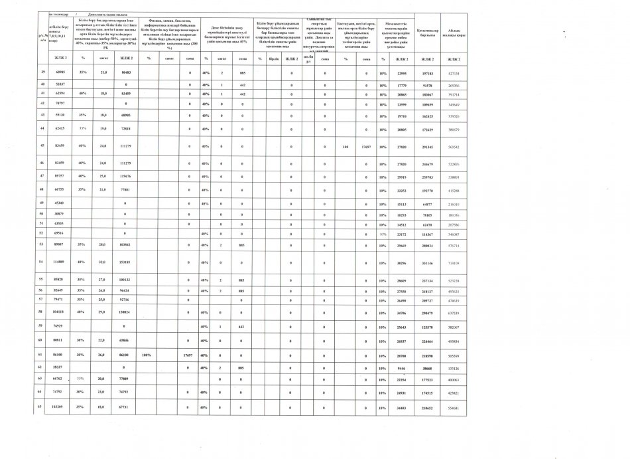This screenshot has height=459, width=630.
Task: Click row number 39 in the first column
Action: tap(44, 72)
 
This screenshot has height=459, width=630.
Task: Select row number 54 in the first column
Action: tap(44, 262)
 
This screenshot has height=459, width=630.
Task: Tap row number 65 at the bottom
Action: tap(44, 407)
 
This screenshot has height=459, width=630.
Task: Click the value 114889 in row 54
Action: tap(60, 262)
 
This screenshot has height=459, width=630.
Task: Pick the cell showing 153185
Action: tap(125, 262)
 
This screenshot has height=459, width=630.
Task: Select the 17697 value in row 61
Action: tap(187, 356)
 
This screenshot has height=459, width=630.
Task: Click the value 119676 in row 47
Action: tap(125, 177)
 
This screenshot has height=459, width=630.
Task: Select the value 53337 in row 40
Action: tap(60, 84)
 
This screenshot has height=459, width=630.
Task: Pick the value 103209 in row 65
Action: tap(60, 407)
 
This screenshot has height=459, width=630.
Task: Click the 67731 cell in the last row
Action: tap(125, 407)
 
